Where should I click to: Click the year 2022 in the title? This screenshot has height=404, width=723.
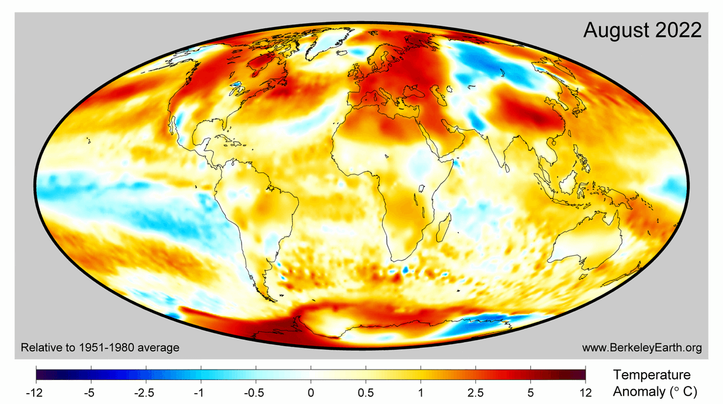coord(680,30)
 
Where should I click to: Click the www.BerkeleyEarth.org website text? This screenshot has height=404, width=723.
coord(642,348)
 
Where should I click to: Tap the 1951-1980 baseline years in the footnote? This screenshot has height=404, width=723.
coord(105,348)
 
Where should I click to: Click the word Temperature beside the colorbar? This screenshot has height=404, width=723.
coord(652,374)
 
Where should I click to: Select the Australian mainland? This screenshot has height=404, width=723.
coord(581,250)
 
